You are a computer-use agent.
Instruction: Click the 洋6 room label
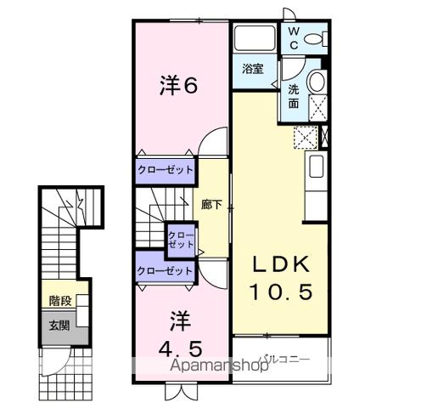coord(179,86)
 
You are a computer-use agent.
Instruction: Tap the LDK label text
coord(283,263)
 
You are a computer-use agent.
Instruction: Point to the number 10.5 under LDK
coord(282,292)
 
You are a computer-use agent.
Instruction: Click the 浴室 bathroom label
coord(252,67)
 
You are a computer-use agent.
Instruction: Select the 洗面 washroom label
coord(293,96)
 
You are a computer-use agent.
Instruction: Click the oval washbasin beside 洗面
coord(316,82)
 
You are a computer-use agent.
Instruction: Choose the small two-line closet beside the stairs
coord(181,240)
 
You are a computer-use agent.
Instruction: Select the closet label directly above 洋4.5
coord(166,271)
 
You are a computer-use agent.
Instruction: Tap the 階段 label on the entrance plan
coord(59,300)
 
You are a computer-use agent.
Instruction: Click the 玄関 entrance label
coord(59,324)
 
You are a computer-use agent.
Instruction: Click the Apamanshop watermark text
coord(221,366)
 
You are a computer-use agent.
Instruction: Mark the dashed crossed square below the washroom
coord(304,136)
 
